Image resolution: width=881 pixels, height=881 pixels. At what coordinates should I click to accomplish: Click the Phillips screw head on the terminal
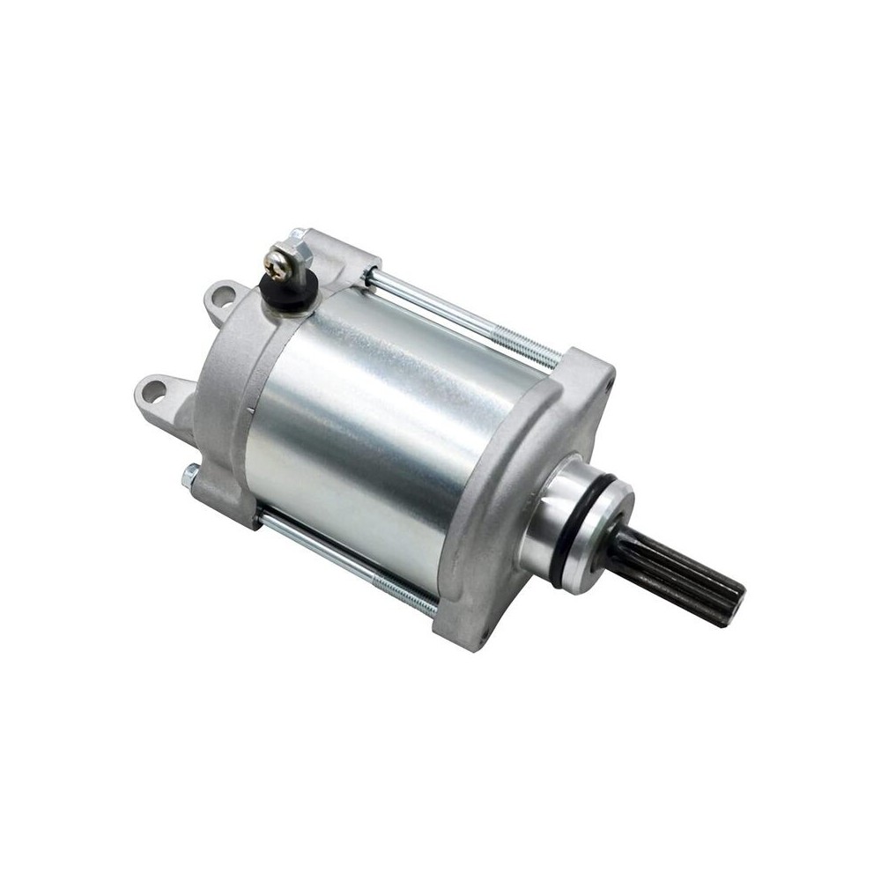point(278,261)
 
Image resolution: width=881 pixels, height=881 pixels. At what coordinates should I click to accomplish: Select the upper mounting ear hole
point(222,293)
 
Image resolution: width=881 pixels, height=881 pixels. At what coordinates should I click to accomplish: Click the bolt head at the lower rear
point(189,477)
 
